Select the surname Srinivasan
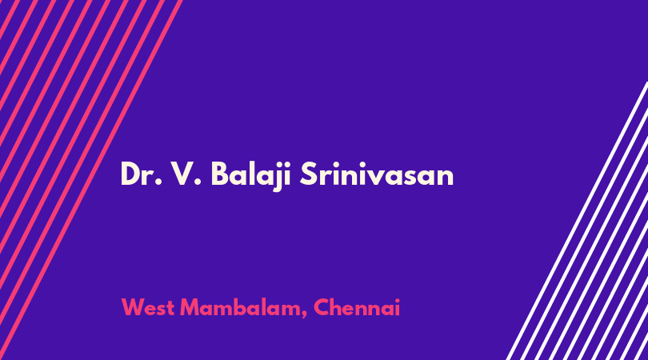[377, 174]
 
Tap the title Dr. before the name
[141, 174]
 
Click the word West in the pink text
[147, 307]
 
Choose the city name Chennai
[357, 307]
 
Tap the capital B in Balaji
[220, 174]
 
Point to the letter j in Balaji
[274, 177]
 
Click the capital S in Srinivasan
[308, 174]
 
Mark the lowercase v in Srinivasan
[380, 178]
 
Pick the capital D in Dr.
[131, 174]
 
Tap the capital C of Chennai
[322, 307]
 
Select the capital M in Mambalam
[190, 307]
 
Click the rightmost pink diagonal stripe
[90, 180]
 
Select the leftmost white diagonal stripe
[577, 221]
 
